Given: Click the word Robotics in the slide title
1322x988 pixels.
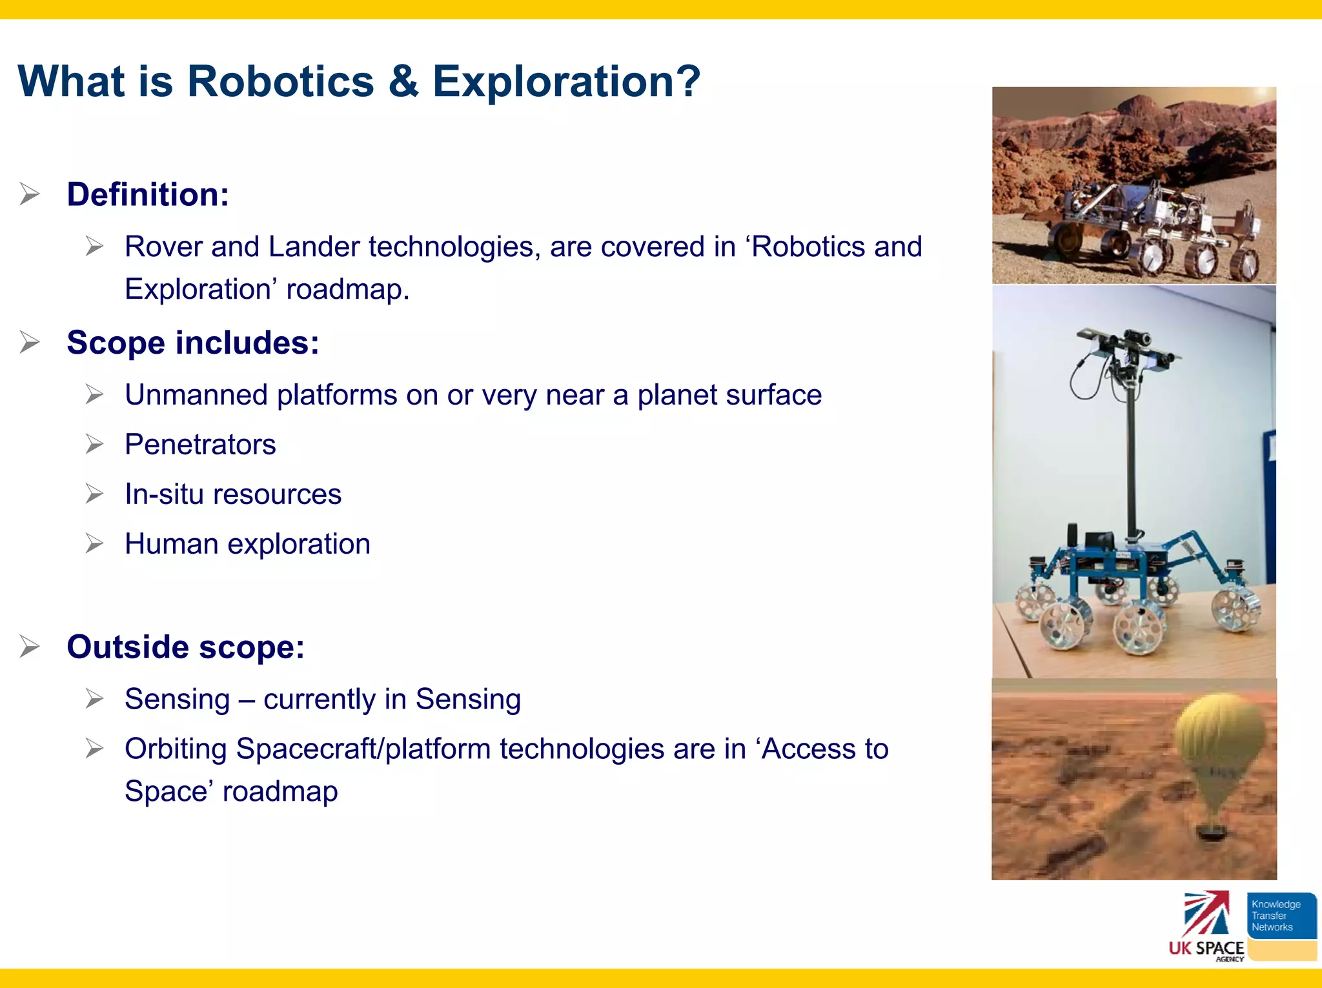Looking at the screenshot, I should pos(280,82).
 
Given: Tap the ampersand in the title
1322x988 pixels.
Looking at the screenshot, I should pos(403,82).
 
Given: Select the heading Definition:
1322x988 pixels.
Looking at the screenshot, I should pos(148,194).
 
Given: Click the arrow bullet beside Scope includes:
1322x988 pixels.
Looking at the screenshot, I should pos(30,342).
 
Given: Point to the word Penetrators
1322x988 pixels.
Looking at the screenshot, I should pos(200,445).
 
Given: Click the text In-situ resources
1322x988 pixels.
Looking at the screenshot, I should pos(232,494).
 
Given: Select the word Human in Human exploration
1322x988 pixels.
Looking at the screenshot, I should pos(171,544).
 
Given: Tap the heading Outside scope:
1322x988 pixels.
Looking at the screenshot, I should pos(185,647).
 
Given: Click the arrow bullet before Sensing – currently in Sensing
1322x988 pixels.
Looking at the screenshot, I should pos(94,699).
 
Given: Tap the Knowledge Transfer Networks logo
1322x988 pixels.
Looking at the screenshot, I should pos(1281,916).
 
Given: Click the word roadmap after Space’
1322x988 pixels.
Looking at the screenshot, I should pos(280,792).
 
